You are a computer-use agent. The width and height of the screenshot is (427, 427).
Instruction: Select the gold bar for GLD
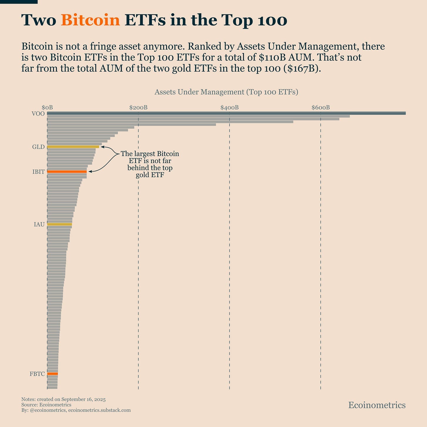tap(73, 147)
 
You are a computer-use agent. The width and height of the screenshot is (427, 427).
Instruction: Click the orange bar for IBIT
tap(67, 172)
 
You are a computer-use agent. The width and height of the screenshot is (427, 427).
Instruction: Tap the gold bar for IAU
tap(60, 224)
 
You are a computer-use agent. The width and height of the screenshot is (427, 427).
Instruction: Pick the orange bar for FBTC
tap(52, 374)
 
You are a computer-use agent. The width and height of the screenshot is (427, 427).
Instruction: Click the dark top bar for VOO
tap(226, 113)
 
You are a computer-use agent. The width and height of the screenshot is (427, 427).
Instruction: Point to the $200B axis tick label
tap(138, 108)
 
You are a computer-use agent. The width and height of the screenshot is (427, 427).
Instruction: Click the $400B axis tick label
tap(229, 108)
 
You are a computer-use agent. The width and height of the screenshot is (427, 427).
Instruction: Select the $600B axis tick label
tap(321, 108)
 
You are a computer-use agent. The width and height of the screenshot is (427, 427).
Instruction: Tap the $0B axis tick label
tap(47, 108)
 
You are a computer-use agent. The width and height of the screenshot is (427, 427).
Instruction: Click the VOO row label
tap(38, 114)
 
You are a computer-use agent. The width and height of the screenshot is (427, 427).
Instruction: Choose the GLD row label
tap(38, 147)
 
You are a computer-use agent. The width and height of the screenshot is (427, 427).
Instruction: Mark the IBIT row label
tap(38, 172)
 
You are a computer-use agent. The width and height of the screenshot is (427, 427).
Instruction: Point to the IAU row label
tap(39, 225)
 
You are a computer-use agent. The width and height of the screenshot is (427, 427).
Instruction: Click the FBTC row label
tap(37, 374)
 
